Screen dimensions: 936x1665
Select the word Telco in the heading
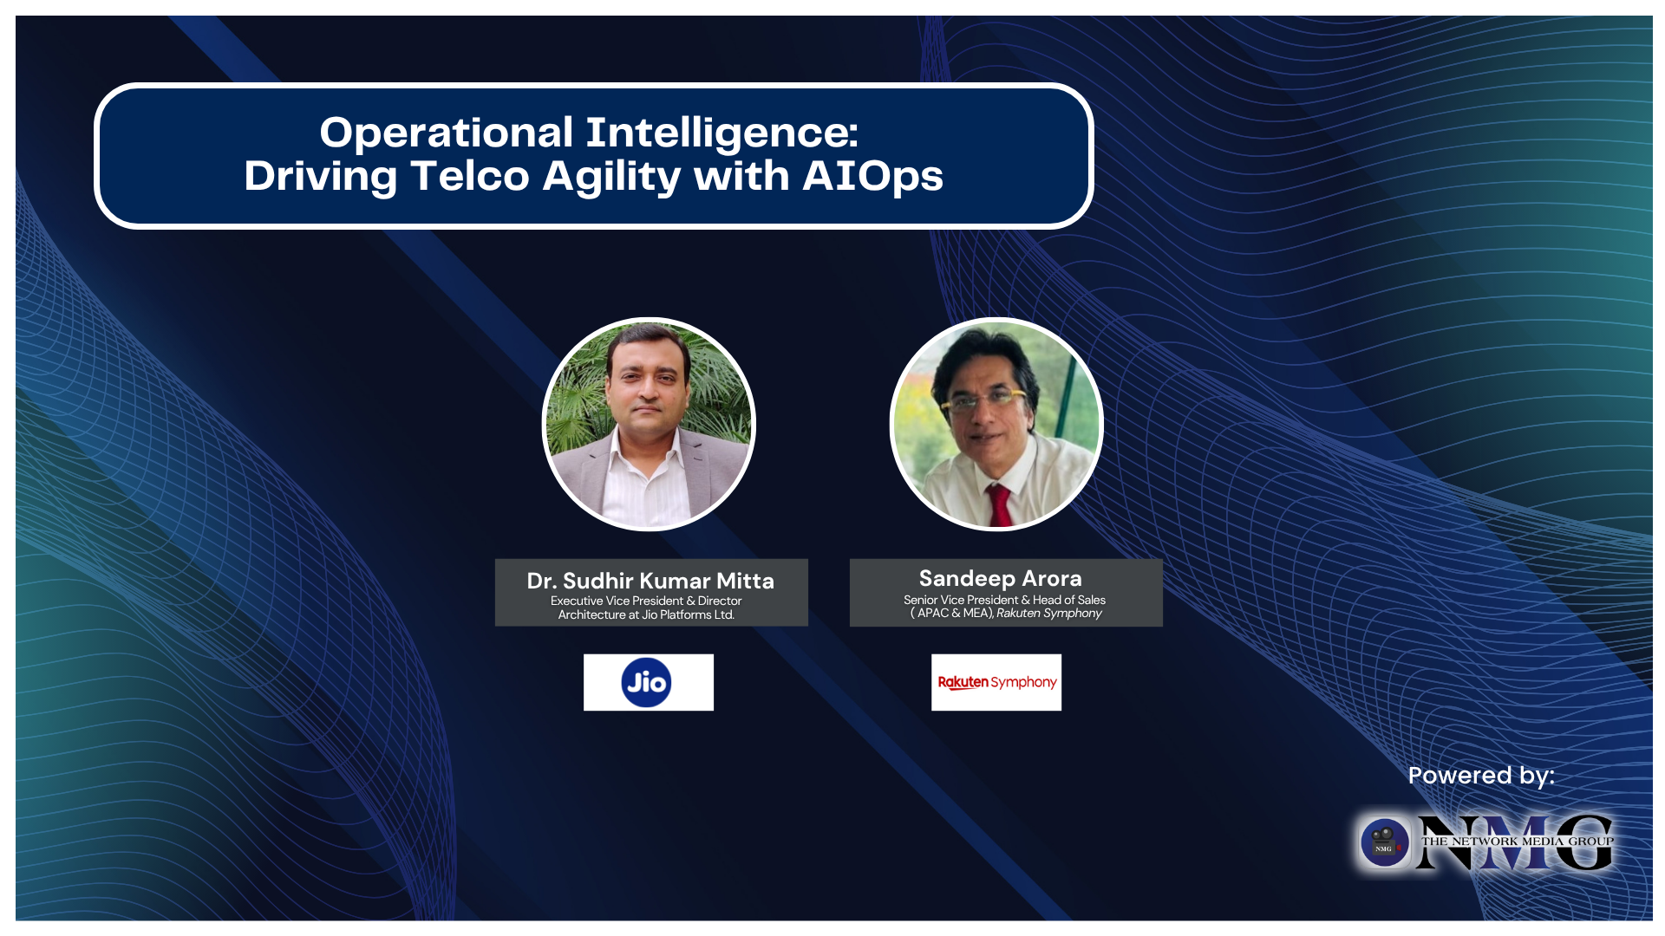tap(469, 177)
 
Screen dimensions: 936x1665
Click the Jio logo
tap(647, 683)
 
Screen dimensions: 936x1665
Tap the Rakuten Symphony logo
tap(996, 683)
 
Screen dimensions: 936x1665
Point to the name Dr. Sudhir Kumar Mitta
tap(650, 581)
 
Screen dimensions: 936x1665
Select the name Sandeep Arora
tap(1000, 578)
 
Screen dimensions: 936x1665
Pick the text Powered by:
tap(1480, 776)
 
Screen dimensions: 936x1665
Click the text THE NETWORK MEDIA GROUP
tap(1517, 841)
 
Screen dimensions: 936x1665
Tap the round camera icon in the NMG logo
tap(1384, 842)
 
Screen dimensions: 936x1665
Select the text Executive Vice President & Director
tap(646, 601)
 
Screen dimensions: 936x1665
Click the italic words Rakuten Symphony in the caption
tap(1048, 614)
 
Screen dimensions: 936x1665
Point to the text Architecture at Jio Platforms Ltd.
tap(646, 615)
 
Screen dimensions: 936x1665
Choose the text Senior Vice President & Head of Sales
tap(1004, 600)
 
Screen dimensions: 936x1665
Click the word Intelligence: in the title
tap(721, 133)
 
